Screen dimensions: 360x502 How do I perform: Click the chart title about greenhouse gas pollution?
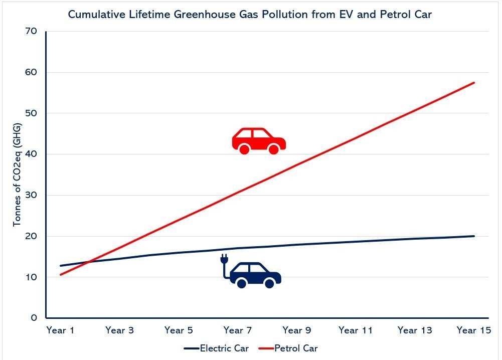click(250, 15)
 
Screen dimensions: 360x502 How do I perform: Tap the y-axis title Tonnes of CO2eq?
click(18, 173)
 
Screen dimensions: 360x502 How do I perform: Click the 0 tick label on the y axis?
click(33, 318)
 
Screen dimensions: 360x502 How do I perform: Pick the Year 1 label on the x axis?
click(60, 330)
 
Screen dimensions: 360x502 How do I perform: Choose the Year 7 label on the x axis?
click(238, 330)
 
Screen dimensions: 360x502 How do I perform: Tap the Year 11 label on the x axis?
click(356, 330)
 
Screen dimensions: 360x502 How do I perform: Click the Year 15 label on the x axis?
click(474, 330)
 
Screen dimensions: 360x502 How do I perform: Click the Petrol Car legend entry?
click(296, 348)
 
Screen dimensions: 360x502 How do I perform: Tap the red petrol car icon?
click(259, 140)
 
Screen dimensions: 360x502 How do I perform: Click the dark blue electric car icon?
click(255, 275)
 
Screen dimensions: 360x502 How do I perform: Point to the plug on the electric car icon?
click(224, 260)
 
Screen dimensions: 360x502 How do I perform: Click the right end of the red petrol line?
click(474, 82)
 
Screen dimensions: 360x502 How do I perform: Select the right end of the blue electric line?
click(474, 236)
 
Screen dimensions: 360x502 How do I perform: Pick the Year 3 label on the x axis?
click(119, 330)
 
